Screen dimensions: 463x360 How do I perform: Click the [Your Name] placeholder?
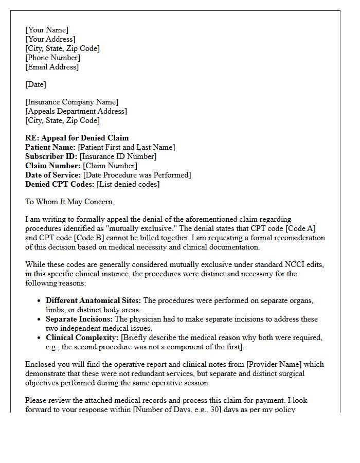tap(47, 30)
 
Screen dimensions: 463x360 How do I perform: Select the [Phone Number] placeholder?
tap(52, 58)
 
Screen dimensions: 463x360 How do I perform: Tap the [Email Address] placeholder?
tap(52, 67)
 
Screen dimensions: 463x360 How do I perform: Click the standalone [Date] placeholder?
tap(35, 84)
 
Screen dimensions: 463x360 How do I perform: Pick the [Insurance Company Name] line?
tap(71, 102)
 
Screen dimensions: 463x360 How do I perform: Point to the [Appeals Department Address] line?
tap(76, 111)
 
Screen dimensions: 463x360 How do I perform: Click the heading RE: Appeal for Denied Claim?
tap(77, 138)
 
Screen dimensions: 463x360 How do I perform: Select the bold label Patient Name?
tap(50, 147)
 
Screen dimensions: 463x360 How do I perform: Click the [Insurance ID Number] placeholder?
tap(118, 156)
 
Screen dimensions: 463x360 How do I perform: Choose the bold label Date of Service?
tap(53, 175)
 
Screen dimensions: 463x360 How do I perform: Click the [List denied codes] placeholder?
tap(128, 184)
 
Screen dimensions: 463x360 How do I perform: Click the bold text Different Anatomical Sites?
tap(94, 300)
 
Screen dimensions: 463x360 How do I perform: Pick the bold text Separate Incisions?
tap(79, 319)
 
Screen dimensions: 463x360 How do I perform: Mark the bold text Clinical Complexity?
tap(82, 337)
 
